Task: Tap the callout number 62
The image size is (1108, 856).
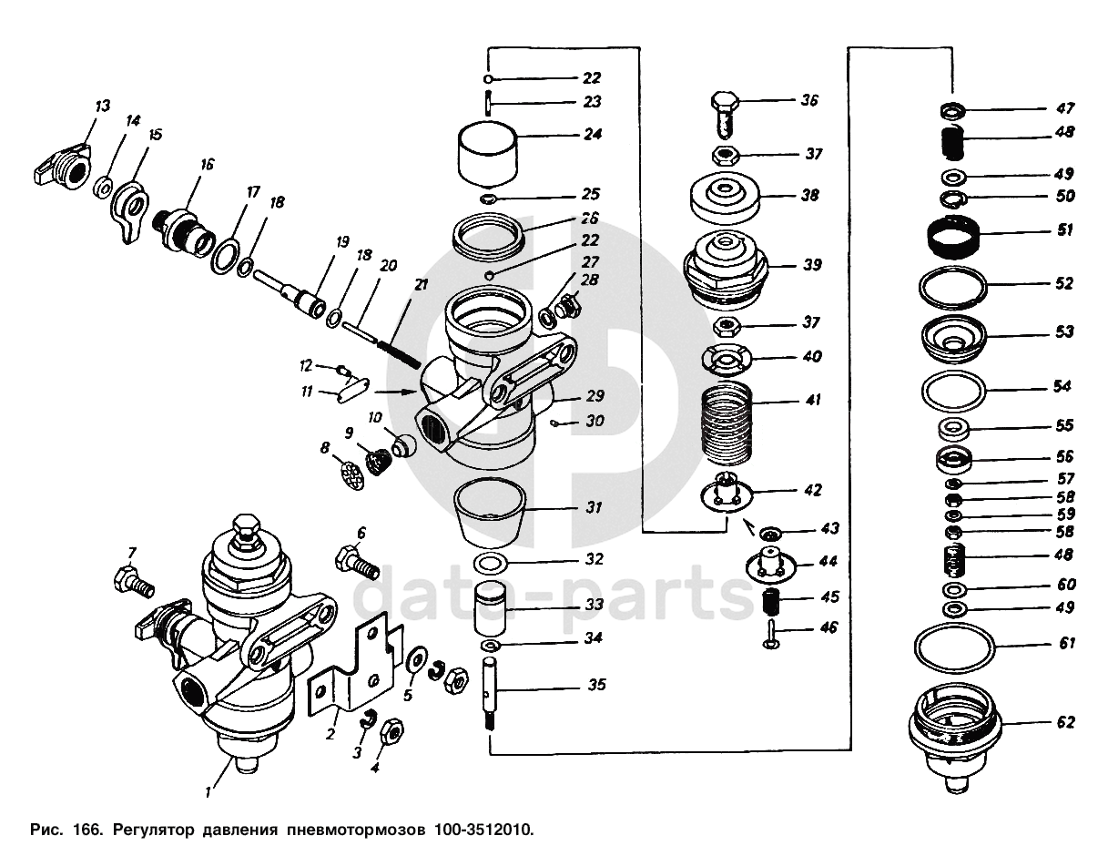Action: pyautogui.click(x=1066, y=722)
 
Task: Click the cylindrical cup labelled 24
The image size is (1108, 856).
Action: pyautogui.click(x=488, y=151)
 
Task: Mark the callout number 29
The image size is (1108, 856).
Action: pyautogui.click(x=595, y=395)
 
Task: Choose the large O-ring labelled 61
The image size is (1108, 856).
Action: pyautogui.click(x=954, y=647)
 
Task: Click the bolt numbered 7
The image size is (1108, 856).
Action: pyautogui.click(x=133, y=581)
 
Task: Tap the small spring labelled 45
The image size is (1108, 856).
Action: pyautogui.click(x=773, y=602)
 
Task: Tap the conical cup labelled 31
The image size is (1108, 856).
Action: pyautogui.click(x=490, y=509)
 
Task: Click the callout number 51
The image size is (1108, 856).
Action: pyautogui.click(x=1065, y=230)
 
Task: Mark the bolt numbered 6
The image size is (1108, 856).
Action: pyautogui.click(x=357, y=563)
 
